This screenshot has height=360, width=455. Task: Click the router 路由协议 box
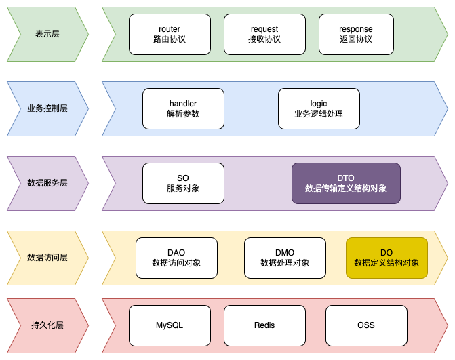coord(170,34)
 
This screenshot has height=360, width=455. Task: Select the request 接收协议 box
coord(264,34)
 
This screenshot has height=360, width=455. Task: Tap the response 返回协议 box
coord(356,34)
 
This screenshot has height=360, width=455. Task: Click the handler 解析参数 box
coord(183,108)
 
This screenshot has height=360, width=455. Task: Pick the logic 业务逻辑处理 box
coord(319,108)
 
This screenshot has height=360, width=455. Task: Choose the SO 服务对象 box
coord(183,183)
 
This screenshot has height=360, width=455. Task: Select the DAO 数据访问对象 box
coord(176,258)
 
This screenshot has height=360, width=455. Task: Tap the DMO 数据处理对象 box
coord(285,258)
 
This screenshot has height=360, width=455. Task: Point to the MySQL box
coord(170,325)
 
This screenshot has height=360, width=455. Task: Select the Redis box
coord(264,325)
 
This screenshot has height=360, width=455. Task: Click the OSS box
coord(366,325)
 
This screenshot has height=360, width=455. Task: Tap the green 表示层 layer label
coord(47,34)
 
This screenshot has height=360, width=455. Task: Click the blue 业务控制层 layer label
coord(47,108)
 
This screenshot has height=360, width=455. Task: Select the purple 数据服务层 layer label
coord(47,183)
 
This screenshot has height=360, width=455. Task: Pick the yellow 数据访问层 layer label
coord(47,258)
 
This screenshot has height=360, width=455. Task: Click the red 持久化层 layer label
coord(47,325)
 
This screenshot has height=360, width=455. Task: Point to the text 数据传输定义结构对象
coord(346,188)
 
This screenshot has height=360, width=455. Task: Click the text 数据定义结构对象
coord(387,263)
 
